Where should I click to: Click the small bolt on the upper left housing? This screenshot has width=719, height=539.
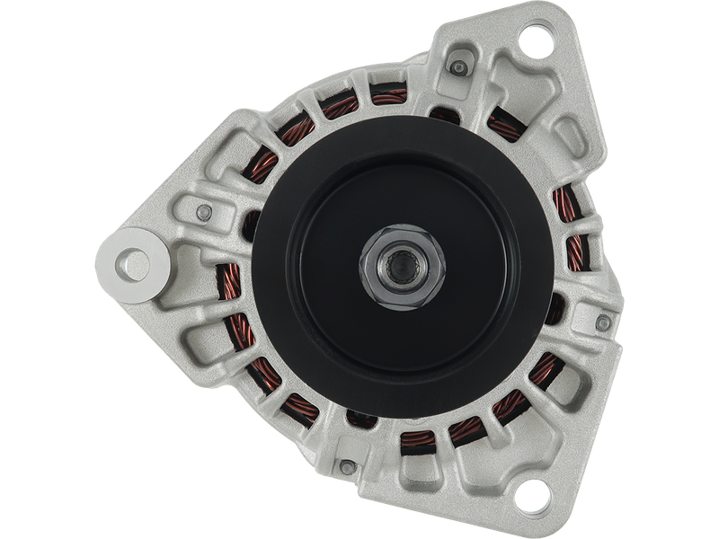[x=205, y=212]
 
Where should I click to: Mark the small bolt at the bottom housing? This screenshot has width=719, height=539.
[x=347, y=466]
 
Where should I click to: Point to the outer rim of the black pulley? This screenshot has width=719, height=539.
[x=270, y=269]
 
